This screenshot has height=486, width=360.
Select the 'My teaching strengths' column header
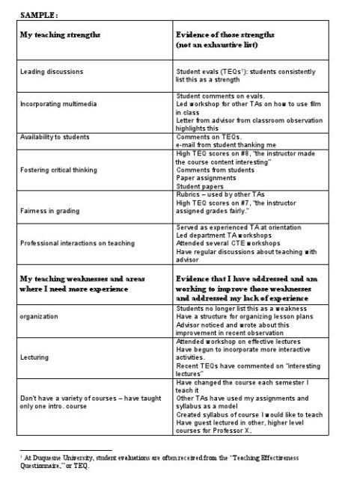pos(60,35)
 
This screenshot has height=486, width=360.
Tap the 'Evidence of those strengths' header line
pos(225,35)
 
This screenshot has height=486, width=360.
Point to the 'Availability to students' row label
pos(55,138)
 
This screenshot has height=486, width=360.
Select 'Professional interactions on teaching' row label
pos(79,243)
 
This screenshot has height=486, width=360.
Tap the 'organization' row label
pos(39,316)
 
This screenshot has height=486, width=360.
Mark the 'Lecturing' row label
pos(34,357)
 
